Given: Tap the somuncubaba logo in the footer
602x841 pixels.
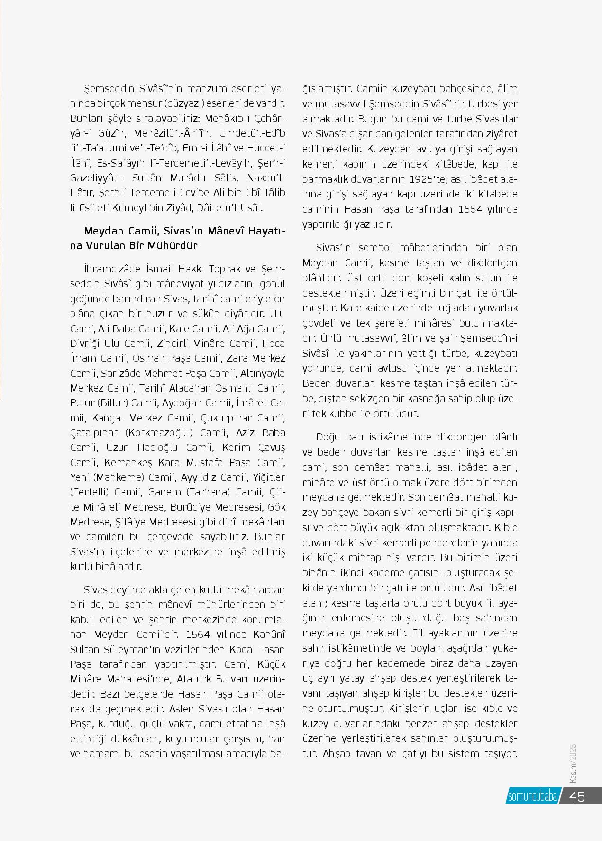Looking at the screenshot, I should click(x=532, y=796).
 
